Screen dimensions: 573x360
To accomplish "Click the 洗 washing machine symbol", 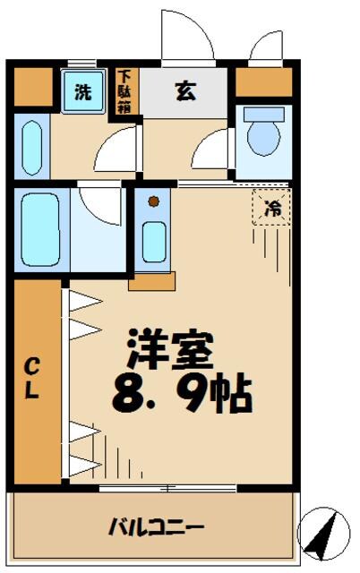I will [x=82, y=91].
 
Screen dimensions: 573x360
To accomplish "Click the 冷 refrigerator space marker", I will [x=270, y=210].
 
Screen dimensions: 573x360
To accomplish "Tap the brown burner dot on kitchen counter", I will [x=153, y=201].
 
